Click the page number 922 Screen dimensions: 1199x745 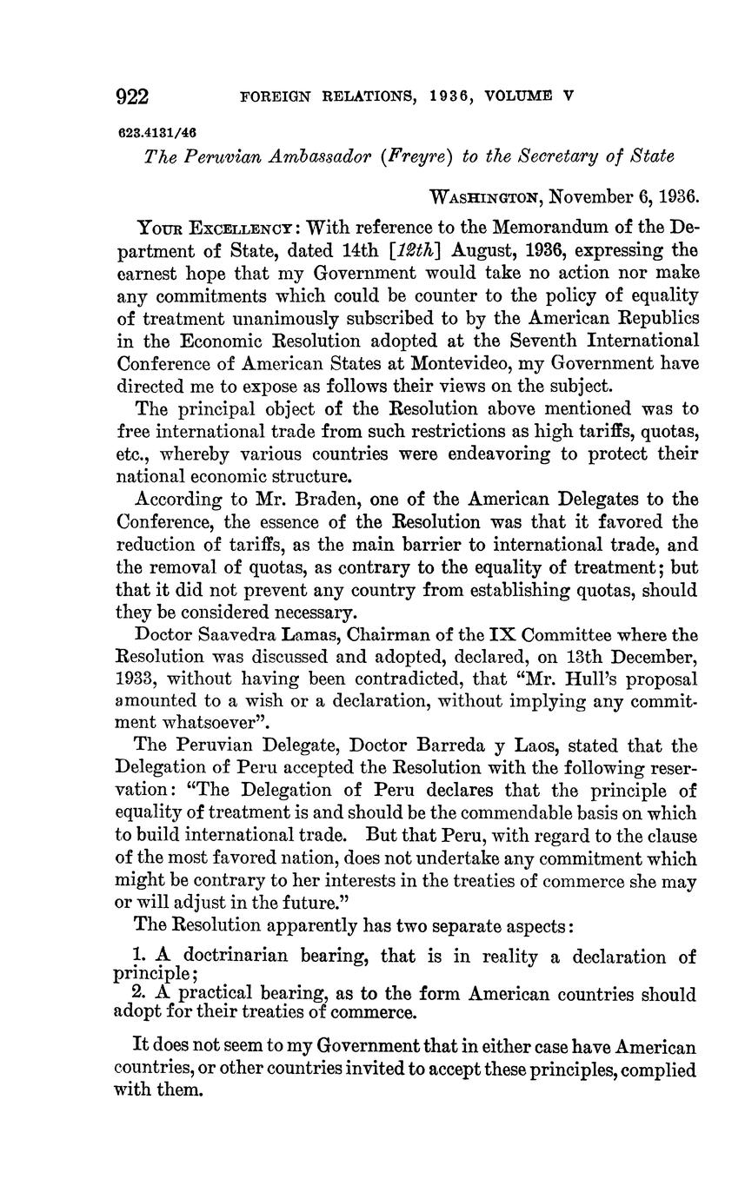(x=133, y=96)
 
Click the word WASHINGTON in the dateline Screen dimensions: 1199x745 (x=486, y=197)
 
